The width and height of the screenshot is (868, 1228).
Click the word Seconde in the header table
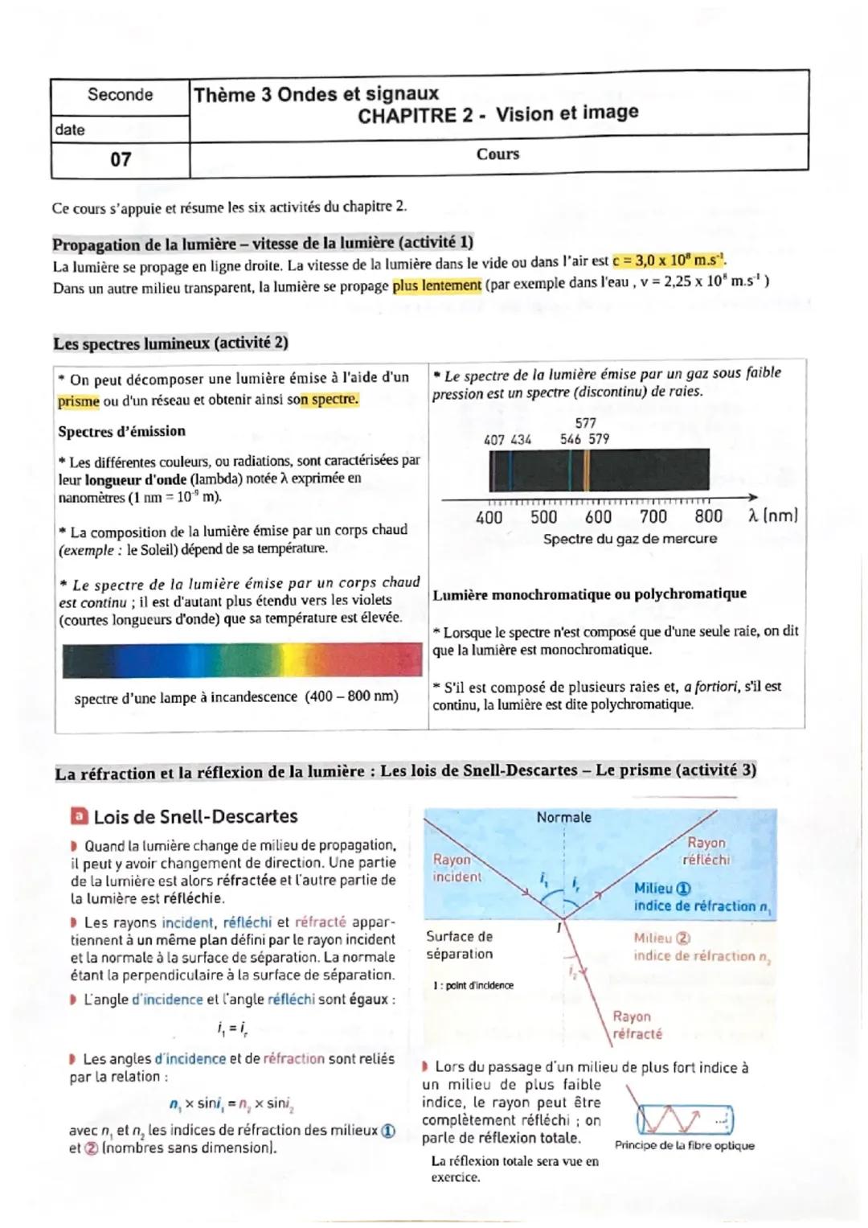point(120,95)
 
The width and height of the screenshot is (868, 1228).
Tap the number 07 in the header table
point(121,159)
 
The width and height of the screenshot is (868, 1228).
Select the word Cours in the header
point(497,154)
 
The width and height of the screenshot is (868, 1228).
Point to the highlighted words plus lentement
point(436,285)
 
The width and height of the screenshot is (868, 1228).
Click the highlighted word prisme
point(78,401)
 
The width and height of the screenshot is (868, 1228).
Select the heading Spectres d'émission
point(121,431)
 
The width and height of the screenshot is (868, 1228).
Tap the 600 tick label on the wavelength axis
point(598,517)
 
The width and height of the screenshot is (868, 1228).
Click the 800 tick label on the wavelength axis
point(708,516)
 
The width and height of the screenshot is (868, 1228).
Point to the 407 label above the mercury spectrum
point(494,440)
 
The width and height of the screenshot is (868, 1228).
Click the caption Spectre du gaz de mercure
point(629,539)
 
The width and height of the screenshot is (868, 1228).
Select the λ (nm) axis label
point(772,516)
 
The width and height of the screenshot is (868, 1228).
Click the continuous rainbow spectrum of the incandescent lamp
point(241,660)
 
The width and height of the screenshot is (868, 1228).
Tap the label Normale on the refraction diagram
point(563,817)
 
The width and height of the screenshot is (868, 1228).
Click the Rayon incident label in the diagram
point(456,868)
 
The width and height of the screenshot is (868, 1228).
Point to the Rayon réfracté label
point(637,1025)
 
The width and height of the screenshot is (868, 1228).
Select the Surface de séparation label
point(459,945)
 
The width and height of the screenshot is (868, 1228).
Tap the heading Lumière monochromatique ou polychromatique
point(589,594)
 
